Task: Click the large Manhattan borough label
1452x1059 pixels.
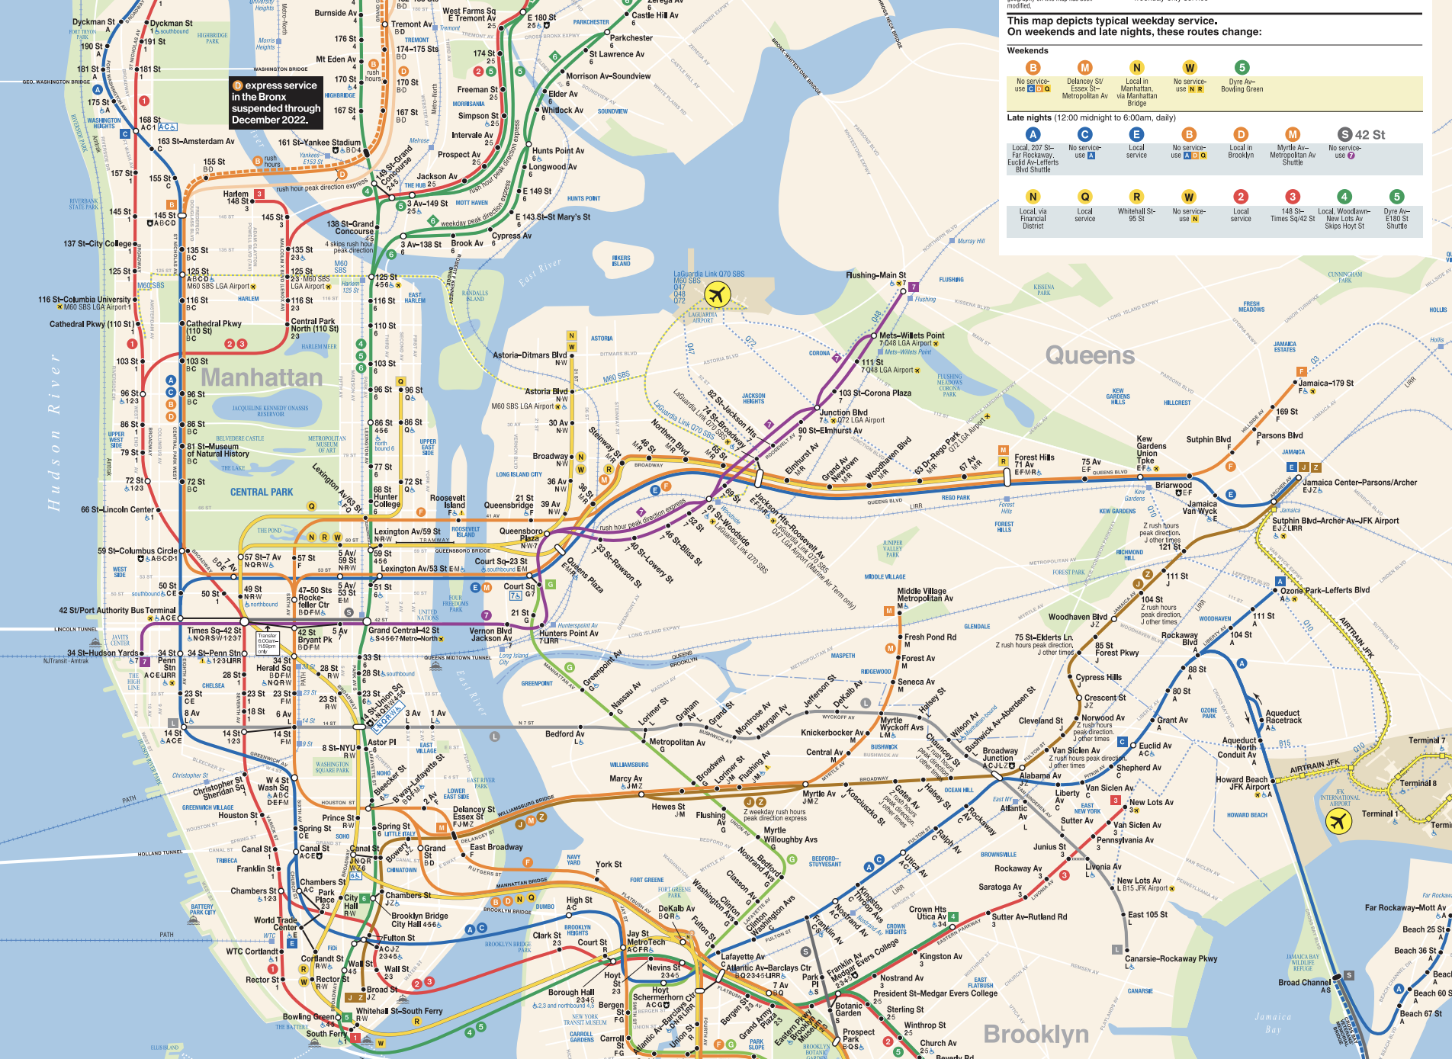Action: coord(262,377)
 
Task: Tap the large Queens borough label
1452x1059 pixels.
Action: coord(1090,355)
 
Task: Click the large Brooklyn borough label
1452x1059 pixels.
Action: coord(1036,1034)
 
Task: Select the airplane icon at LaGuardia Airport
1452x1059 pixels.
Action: coord(717,294)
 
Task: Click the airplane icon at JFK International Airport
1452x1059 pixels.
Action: coord(1338,822)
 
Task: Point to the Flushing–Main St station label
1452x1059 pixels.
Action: coord(875,275)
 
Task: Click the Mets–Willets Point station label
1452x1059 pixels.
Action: coord(911,335)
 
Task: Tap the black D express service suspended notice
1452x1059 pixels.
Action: coord(275,102)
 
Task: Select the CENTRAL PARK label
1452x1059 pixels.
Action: coord(262,493)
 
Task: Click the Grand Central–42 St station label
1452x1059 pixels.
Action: coord(403,631)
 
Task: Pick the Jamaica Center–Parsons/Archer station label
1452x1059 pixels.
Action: coord(1359,483)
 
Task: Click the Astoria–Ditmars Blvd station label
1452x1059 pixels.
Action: coord(529,355)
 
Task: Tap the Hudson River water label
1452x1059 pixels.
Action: coord(53,431)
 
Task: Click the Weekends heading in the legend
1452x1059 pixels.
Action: coord(1027,51)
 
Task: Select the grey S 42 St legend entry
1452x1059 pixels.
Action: coord(1361,135)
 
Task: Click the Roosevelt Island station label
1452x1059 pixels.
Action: coord(448,502)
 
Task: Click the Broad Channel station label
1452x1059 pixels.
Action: coord(1304,983)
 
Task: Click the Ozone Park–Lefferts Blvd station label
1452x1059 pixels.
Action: coord(1325,590)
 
